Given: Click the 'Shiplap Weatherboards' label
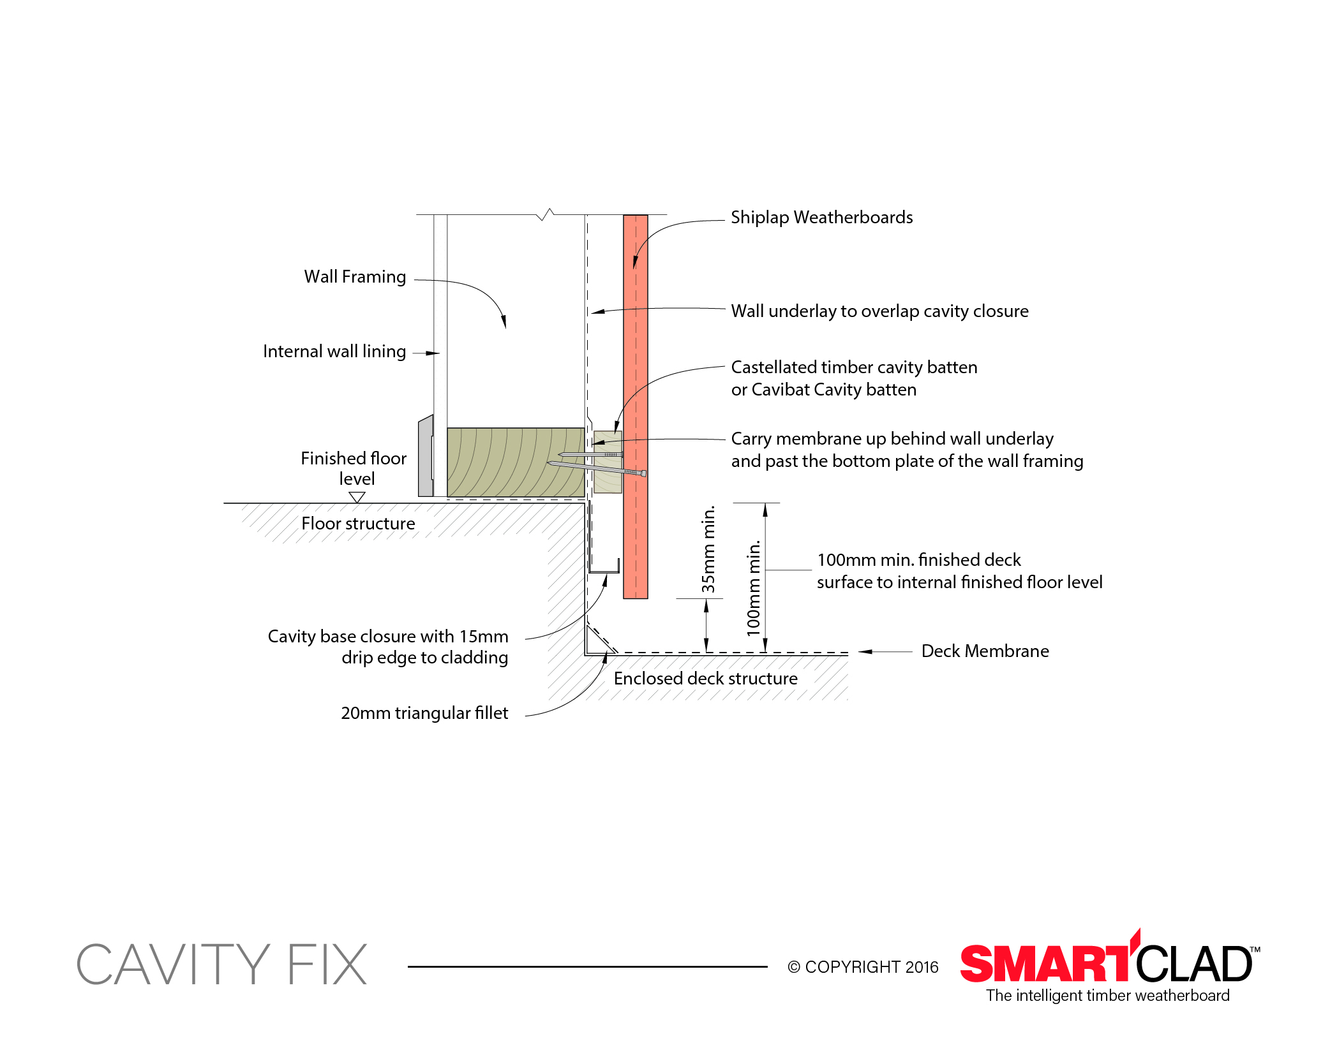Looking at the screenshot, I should (821, 218).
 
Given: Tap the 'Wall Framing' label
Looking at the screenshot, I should (355, 277).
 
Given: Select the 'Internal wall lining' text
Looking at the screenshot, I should (334, 351).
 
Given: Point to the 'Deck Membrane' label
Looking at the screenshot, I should (985, 651).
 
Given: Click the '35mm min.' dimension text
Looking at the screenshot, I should (708, 549).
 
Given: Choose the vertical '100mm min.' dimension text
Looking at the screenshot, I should (754, 587).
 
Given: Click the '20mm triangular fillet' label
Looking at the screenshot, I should (424, 713).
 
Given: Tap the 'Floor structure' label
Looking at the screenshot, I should (358, 524).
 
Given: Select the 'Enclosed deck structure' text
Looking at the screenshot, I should (705, 679).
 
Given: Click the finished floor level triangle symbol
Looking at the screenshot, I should (357, 496).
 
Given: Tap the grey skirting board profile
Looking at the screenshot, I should (426, 456).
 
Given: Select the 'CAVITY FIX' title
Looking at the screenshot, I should (222, 964).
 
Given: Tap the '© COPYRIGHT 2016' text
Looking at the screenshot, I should (863, 968).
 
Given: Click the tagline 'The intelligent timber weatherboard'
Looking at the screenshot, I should (1107, 996).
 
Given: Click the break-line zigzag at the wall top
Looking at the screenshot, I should (546, 214).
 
